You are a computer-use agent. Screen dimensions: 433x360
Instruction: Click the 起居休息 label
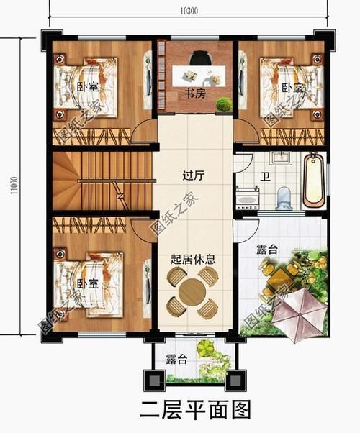192,259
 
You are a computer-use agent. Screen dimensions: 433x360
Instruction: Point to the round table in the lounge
192,293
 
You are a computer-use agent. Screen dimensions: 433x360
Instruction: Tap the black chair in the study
199,58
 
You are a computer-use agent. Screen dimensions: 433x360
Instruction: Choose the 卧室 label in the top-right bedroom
292,87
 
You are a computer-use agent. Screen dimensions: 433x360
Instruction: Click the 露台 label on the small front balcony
176,360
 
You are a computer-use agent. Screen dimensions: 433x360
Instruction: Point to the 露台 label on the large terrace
267,250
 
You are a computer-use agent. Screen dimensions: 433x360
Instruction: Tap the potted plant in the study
223,103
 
